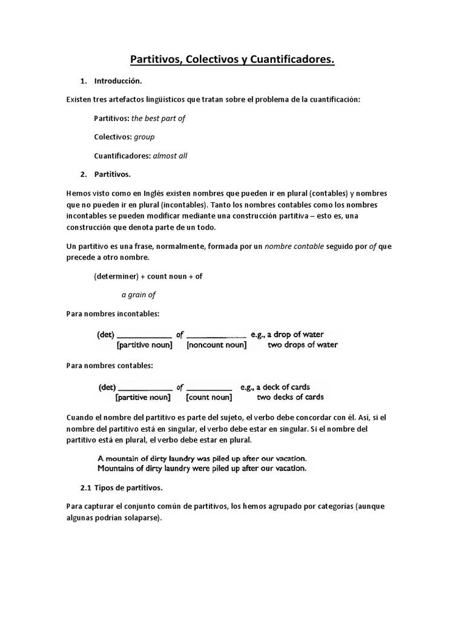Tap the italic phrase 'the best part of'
[158, 118]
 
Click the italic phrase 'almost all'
[170, 156]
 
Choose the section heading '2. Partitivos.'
[112, 174]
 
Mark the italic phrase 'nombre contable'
[294, 247]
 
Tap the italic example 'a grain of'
[139, 295]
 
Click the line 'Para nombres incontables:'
[112, 314]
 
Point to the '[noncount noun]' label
[217, 346]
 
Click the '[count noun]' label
[209, 398]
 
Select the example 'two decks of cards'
[290, 398]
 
